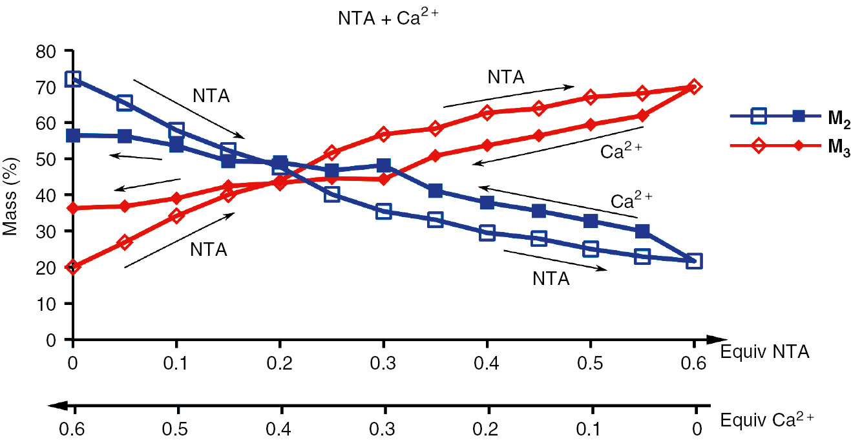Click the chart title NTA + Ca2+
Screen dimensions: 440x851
pyautogui.click(x=388, y=19)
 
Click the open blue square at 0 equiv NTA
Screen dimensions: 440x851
pyautogui.click(x=73, y=79)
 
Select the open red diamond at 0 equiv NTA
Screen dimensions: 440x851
pyautogui.click(x=73, y=267)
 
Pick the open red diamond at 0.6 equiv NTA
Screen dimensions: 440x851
pyautogui.click(x=694, y=87)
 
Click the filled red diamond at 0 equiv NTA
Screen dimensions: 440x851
pyautogui.click(x=73, y=208)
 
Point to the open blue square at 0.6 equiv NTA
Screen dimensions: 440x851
pyautogui.click(x=694, y=261)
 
